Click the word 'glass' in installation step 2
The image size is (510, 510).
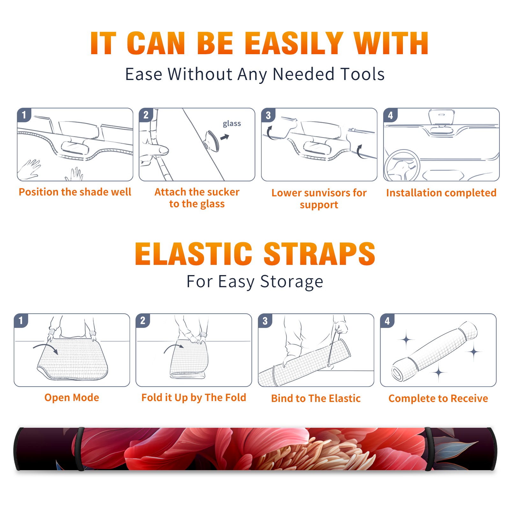pos(232,124)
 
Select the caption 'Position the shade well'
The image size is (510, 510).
pos(75,192)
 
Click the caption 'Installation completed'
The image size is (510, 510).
pos(441,193)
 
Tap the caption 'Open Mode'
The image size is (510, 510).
pos(72,397)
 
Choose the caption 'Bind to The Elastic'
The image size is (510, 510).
pos(316,398)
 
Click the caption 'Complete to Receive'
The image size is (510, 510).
pos(438,398)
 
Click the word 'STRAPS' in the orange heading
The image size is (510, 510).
pos(319,254)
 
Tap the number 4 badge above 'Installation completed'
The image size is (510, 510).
pos(390,115)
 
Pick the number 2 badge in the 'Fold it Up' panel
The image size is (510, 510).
pos(143,320)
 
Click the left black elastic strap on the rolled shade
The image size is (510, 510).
pos(80,449)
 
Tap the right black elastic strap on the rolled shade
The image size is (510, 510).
pos(429,449)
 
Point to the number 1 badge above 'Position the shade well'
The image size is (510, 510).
pos(24,115)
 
